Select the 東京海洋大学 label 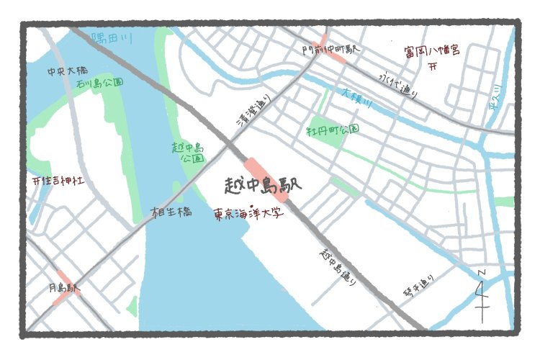coord(248,215)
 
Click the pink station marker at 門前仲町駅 coord(333,49)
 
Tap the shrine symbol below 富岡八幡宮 coord(433,67)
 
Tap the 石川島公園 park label coord(99,84)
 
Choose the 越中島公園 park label coord(189,152)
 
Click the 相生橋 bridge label coord(171,212)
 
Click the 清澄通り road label coord(256,113)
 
